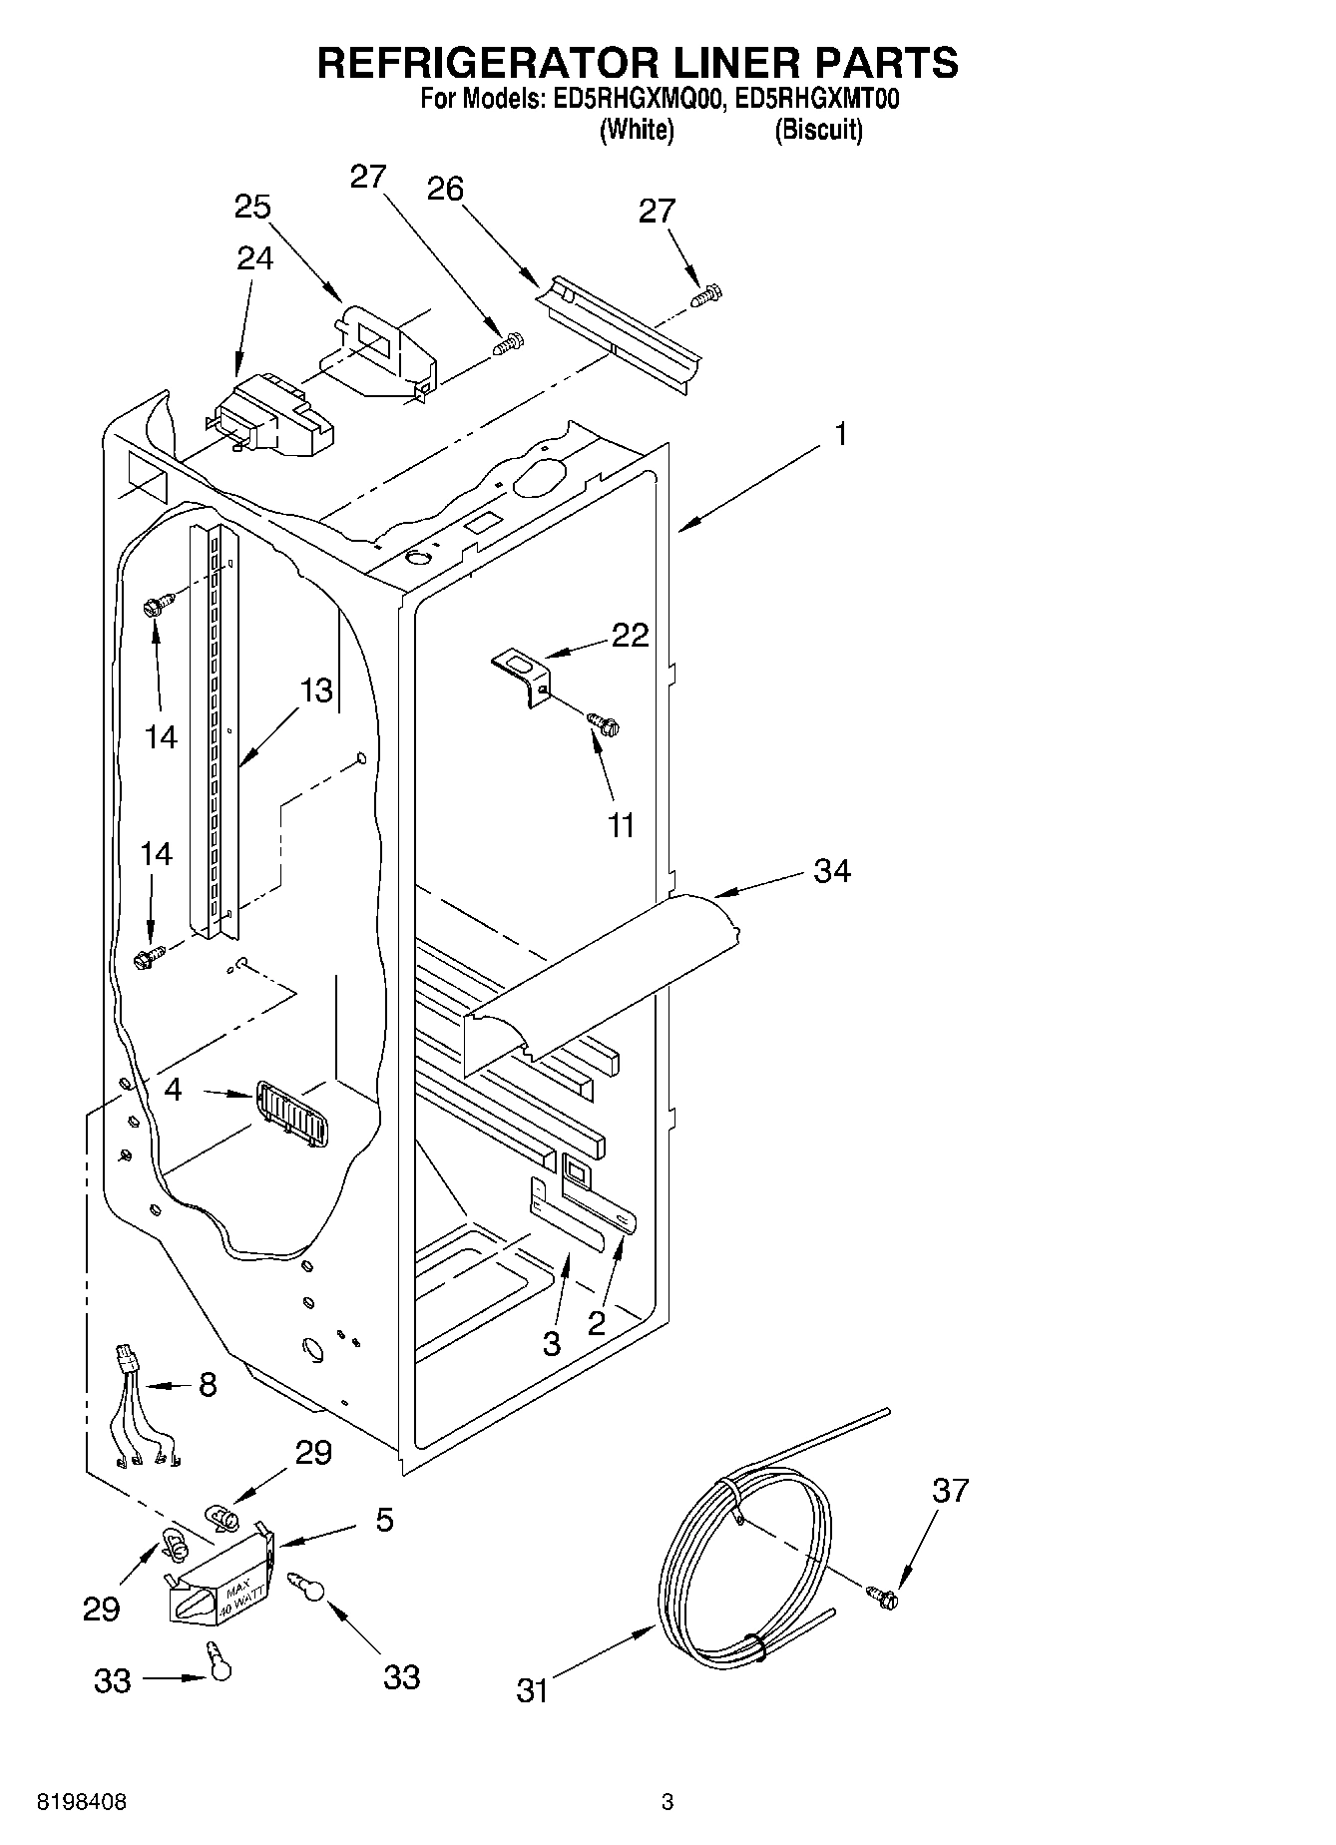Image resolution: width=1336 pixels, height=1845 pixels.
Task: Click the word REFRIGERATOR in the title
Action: [487, 62]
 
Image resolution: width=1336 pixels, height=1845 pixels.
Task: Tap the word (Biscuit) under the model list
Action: [819, 130]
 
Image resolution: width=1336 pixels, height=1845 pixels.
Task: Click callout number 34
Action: [831, 871]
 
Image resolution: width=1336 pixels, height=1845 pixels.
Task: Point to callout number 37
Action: [950, 1491]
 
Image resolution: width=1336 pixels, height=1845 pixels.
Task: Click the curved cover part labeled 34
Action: [599, 978]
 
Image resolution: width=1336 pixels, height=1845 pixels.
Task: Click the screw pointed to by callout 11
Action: [604, 724]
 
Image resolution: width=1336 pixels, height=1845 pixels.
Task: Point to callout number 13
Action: [316, 690]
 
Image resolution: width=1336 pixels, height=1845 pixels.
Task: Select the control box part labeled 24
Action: [271, 413]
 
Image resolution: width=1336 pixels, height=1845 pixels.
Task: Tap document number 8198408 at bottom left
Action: [82, 1803]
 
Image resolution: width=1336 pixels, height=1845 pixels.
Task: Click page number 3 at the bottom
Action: [668, 1802]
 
